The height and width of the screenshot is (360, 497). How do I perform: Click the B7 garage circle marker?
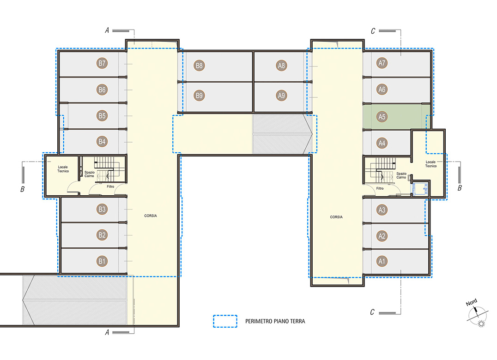click(102, 63)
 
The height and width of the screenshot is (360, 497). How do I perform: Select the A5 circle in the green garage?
click(382, 117)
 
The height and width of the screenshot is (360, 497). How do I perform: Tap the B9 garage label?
click(199, 95)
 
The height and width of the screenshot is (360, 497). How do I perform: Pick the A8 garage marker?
click(281, 66)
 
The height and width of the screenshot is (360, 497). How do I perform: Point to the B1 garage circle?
click(102, 261)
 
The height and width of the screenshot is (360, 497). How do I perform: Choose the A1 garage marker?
click(382, 261)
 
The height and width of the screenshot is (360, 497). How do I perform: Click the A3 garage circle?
click(382, 210)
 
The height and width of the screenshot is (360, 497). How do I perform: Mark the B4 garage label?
click(102, 142)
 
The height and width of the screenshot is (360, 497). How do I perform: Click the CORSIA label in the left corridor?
click(151, 216)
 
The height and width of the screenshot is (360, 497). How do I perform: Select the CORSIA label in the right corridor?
click(336, 217)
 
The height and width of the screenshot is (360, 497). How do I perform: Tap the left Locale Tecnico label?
click(63, 169)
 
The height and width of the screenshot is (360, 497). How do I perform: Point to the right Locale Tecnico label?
click(431, 164)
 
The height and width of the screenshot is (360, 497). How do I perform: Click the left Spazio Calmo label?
click(90, 174)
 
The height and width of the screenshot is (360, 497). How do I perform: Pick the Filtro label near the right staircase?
click(380, 188)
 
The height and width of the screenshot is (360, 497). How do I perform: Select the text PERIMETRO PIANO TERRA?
click(275, 321)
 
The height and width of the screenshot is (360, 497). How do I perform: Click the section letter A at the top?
click(107, 30)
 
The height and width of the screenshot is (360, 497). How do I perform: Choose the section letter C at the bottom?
click(372, 312)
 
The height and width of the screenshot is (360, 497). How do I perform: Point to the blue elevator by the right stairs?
click(420, 189)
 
